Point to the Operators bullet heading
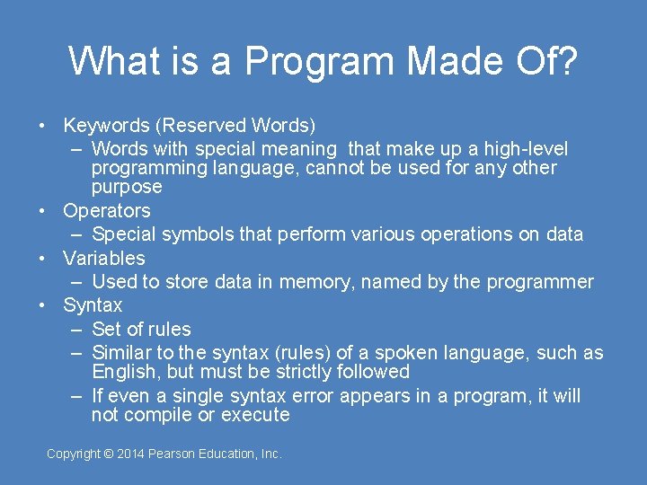(106, 211)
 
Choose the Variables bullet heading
(103, 259)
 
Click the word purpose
(127, 187)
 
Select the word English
(125, 372)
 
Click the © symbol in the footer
(109, 454)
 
